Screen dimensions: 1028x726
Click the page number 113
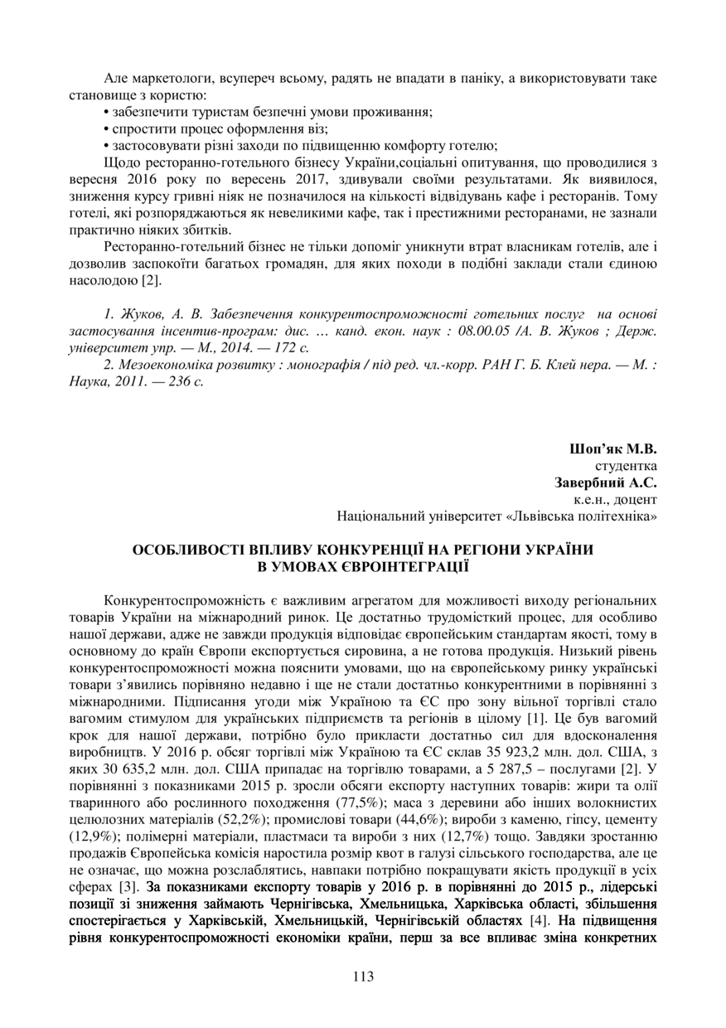[x=363, y=976]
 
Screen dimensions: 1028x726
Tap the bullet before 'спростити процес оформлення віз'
[x=107, y=128]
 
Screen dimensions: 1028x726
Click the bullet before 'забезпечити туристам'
[x=107, y=111]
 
